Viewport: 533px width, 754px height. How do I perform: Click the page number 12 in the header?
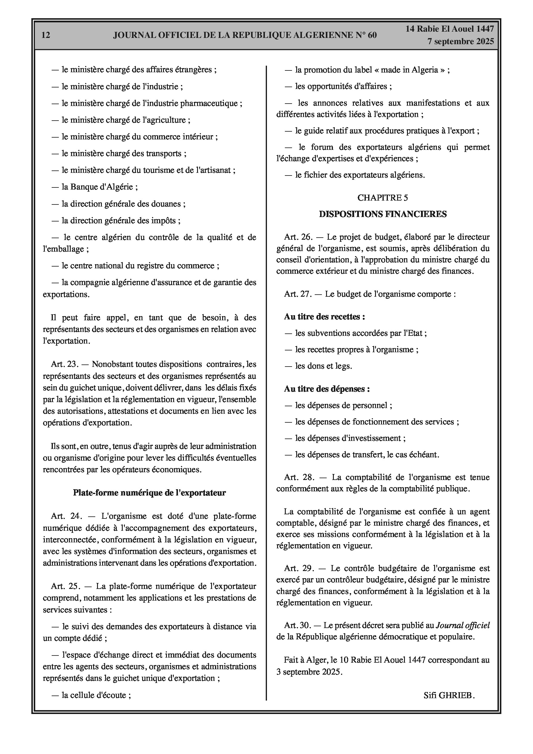[x=46, y=35]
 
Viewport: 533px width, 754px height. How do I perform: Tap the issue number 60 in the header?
[x=372, y=35]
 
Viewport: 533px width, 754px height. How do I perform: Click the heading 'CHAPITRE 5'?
[x=383, y=198]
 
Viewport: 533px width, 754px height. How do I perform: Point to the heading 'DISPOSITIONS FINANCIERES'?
[x=383, y=214]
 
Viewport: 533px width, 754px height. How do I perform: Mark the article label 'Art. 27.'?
[x=298, y=294]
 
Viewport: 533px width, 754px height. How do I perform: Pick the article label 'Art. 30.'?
[x=297, y=625]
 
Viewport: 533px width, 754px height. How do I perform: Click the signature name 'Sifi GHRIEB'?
[x=448, y=695]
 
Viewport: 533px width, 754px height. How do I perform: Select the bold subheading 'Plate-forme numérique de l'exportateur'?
[x=149, y=493]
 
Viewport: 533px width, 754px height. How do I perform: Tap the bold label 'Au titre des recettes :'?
[x=324, y=317]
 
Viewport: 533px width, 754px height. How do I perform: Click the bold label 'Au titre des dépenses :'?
[x=327, y=389]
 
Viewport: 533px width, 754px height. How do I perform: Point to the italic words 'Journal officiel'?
[x=462, y=625]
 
